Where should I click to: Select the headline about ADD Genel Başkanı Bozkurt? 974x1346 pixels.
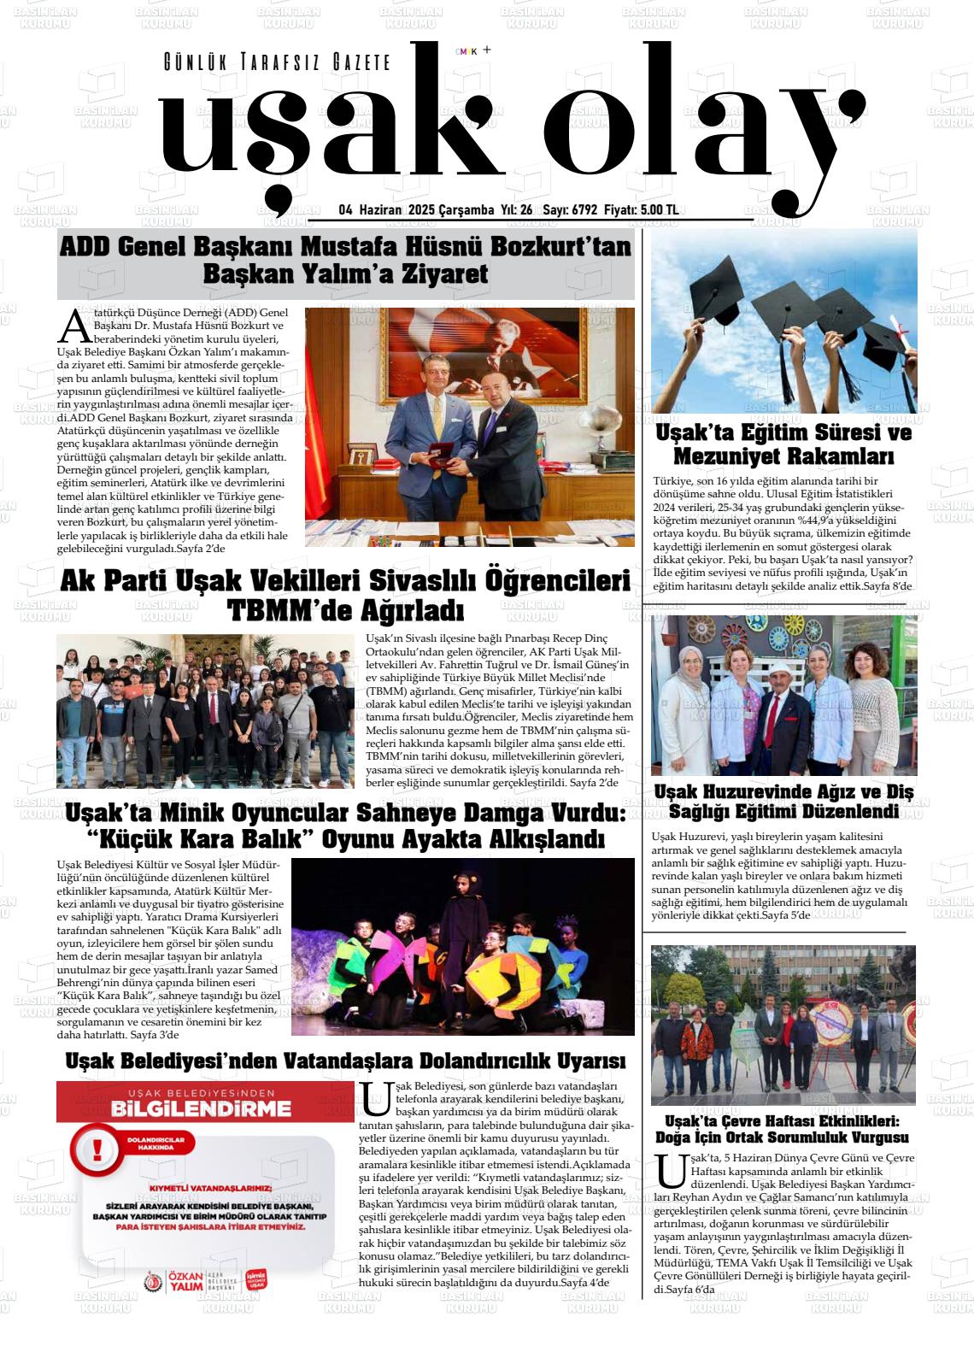pyautogui.click(x=345, y=260)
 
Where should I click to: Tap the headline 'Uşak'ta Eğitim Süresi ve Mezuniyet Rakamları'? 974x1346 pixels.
pyautogui.click(x=783, y=444)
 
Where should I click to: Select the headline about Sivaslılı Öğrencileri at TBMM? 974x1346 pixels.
pyautogui.click(x=345, y=596)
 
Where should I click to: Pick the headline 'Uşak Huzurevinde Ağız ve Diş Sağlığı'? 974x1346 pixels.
pyautogui.click(x=783, y=801)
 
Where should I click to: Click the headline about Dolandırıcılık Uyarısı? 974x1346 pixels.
pyautogui.click(x=345, y=1061)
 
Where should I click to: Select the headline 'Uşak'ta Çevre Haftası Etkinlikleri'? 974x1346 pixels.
pyautogui.click(x=783, y=1129)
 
